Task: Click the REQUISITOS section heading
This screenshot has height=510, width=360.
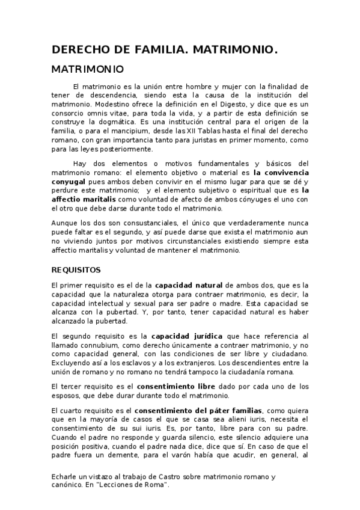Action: coord(76,270)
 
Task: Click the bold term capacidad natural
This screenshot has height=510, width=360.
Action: coord(189,284)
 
